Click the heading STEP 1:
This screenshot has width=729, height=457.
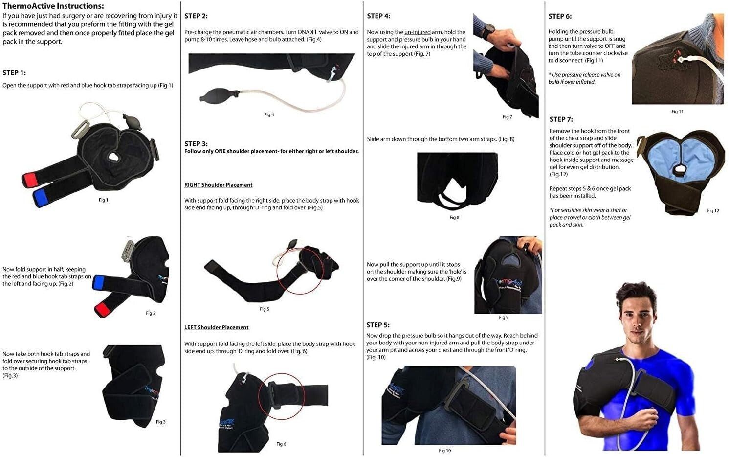click(14, 73)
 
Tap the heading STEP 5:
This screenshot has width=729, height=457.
click(378, 325)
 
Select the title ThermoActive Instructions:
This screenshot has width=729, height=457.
click(53, 6)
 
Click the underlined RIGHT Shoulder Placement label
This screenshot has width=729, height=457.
click(218, 185)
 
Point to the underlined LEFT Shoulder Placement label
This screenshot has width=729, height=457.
click(216, 327)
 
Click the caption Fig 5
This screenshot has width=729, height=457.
click(264, 309)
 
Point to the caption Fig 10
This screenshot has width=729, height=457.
click(444, 451)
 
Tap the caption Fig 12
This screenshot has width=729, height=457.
click(713, 211)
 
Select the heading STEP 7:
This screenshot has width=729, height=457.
click(561, 119)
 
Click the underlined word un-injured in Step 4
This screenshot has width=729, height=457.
click(417, 32)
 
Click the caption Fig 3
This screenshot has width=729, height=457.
click(160, 422)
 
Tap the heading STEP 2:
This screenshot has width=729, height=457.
click(196, 16)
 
